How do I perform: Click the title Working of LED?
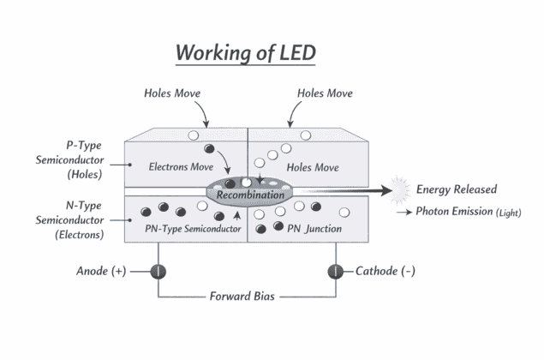point(246,52)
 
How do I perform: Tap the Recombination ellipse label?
point(249,195)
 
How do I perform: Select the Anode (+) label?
point(101,271)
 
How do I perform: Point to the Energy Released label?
point(456,189)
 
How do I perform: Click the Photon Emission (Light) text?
point(468,212)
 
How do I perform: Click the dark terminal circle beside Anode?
point(158,271)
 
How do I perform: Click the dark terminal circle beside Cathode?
point(335,271)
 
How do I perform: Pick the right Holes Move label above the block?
point(325,93)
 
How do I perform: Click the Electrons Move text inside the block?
point(181,165)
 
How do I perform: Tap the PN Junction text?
point(314,229)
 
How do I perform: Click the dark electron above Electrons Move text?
point(208,150)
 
